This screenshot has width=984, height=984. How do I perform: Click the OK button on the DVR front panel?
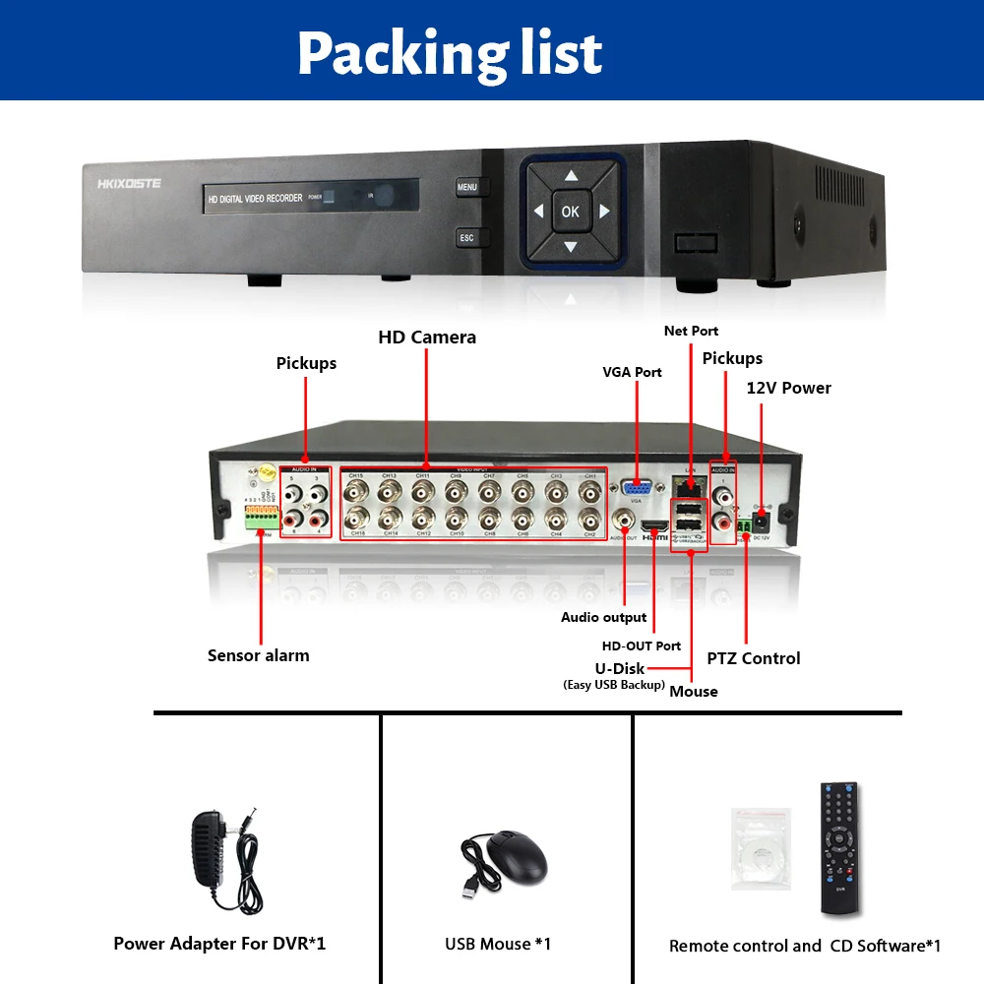(571, 211)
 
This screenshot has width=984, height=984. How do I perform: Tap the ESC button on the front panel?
(466, 238)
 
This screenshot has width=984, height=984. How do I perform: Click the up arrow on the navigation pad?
(571, 177)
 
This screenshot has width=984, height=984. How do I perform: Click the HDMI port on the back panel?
(654, 528)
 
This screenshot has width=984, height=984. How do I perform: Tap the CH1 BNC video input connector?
(589, 491)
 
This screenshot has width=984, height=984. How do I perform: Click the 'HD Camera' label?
(427, 338)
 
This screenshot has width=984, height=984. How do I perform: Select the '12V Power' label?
(788, 388)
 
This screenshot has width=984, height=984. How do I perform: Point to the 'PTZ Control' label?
(754, 658)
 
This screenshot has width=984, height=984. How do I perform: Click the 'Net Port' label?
(691, 331)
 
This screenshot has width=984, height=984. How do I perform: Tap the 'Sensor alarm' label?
(258, 655)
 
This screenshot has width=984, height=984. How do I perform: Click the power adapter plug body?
(212, 846)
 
